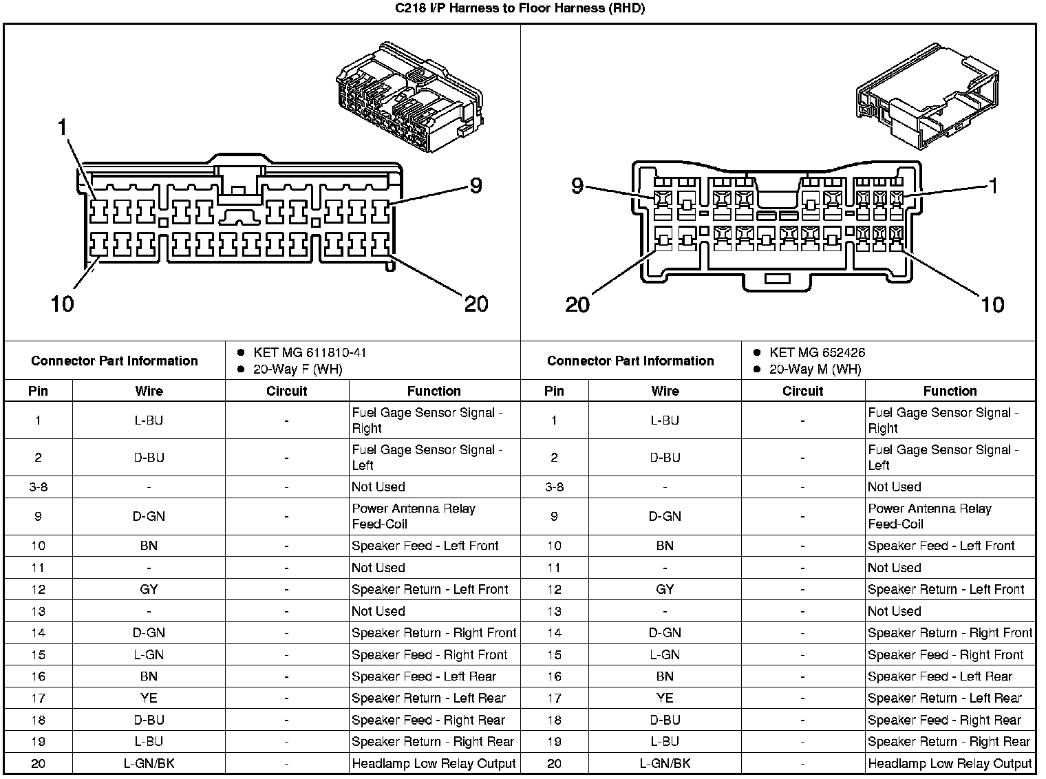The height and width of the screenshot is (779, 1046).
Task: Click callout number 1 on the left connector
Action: [x=63, y=128]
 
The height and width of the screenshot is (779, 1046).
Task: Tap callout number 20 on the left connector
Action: [x=476, y=303]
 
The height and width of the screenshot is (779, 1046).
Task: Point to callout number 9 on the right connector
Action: [x=577, y=186]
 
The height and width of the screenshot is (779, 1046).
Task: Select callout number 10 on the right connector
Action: [x=992, y=304]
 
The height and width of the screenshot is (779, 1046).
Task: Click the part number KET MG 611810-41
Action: [x=310, y=353]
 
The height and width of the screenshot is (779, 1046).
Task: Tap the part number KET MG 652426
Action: [x=818, y=353]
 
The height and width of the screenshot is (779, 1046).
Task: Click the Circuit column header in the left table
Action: [x=286, y=391]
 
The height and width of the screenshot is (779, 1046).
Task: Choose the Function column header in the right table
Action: [x=950, y=391]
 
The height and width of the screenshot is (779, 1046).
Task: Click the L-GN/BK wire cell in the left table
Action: [x=149, y=763]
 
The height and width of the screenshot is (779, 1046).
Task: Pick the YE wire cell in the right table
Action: [x=665, y=698]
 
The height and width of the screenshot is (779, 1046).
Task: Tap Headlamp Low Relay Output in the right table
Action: [x=950, y=763]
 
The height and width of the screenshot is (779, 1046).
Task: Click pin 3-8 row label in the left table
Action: [x=38, y=487]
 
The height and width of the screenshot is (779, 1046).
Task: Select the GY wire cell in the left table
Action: [x=149, y=589]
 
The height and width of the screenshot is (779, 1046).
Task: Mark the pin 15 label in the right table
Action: [x=554, y=654]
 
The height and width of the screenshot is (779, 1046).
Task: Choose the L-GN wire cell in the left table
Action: [x=149, y=654]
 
